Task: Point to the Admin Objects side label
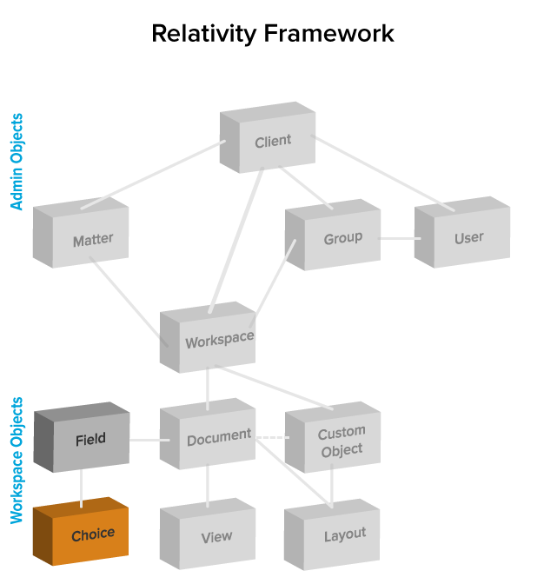[x=17, y=162]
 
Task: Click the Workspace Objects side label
[x=17, y=461]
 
